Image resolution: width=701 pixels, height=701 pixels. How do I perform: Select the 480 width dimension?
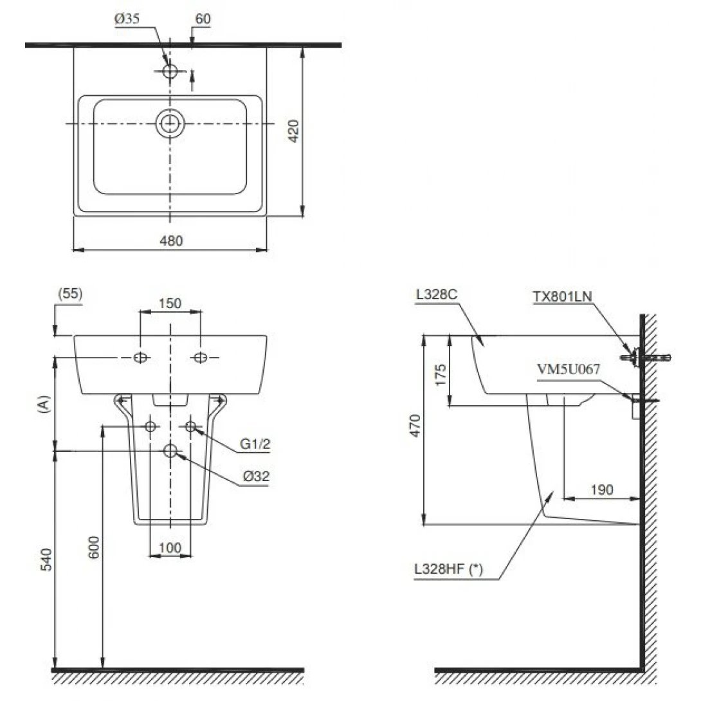[171, 241]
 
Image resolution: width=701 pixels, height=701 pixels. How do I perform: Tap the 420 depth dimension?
[292, 132]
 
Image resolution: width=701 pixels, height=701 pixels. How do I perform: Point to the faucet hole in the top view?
[170, 71]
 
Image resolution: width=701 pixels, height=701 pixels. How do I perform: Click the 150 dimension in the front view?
[170, 303]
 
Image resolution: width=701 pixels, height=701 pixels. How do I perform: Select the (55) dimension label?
[70, 294]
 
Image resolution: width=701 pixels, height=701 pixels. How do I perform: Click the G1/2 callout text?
[254, 444]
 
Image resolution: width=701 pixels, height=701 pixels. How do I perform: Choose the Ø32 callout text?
[255, 477]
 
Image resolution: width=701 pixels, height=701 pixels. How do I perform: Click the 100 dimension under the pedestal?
[170, 547]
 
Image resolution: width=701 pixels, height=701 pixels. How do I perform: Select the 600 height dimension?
[94, 547]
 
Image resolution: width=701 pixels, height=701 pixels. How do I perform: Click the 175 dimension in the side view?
[440, 374]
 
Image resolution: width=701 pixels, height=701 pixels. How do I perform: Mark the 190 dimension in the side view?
[601, 490]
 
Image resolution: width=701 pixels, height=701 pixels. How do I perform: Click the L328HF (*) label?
[449, 569]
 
